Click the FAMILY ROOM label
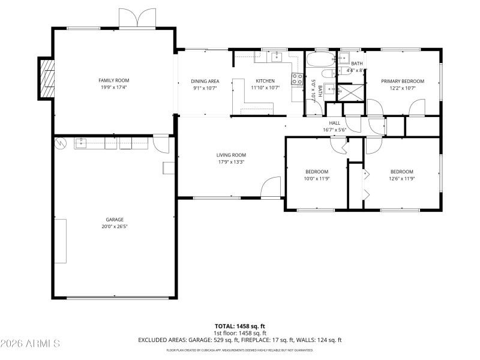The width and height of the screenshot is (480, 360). (113, 80)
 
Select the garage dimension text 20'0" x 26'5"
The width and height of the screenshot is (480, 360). (113, 227)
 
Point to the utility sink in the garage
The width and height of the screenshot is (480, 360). (81, 143)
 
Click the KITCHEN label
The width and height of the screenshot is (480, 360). (265, 81)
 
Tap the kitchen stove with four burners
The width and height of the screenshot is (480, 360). (297, 79)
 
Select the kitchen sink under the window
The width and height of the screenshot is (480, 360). (276, 57)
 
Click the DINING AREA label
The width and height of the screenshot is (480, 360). (205, 81)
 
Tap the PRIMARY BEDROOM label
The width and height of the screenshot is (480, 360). (403, 81)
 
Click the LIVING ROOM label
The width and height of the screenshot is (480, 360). (231, 155)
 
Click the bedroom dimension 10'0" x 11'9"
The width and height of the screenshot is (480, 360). (317, 178)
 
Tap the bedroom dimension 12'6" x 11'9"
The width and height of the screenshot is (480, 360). (402, 178)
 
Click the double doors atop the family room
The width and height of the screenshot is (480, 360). (139, 18)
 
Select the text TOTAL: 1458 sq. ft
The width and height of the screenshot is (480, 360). (240, 326)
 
